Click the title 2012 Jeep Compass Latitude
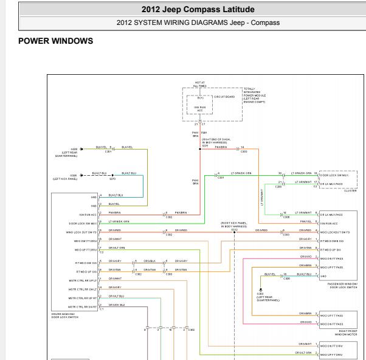click(x=182, y=9)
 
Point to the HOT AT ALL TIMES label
click(x=201, y=85)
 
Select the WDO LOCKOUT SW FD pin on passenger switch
click(x=335, y=232)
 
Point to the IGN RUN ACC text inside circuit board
click(x=201, y=109)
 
